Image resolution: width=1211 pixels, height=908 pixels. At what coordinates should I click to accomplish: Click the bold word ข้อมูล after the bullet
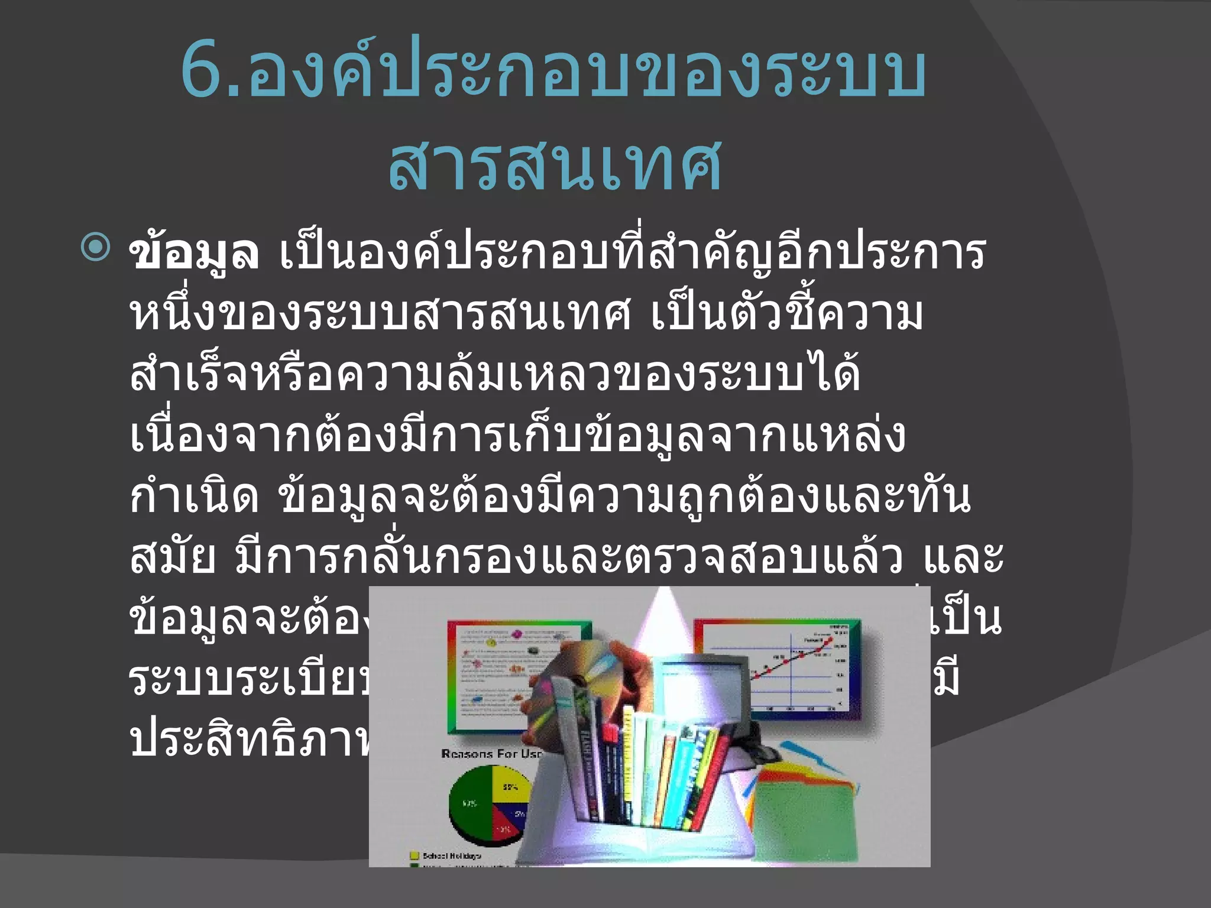click(x=194, y=253)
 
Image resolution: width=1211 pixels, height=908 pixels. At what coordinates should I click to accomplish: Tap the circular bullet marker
click(x=95, y=248)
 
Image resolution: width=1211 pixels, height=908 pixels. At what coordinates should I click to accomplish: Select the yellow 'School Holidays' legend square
click(x=414, y=855)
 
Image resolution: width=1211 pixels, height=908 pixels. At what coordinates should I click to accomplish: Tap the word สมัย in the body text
click(x=172, y=559)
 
